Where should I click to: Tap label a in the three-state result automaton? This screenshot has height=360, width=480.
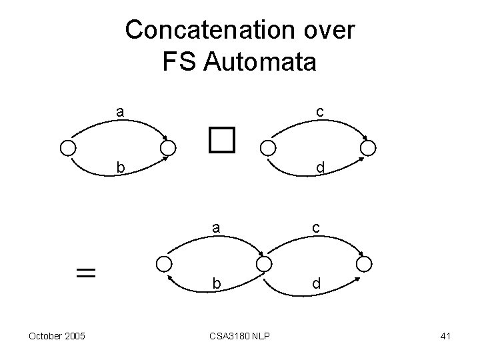click(216, 228)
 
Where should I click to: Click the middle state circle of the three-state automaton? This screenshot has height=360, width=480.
click(264, 264)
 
